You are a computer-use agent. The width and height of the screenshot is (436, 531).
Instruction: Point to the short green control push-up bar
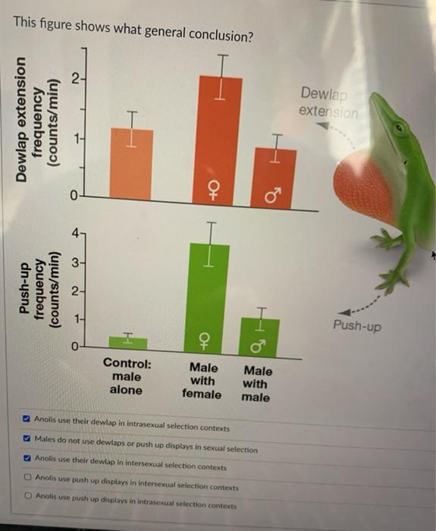127,342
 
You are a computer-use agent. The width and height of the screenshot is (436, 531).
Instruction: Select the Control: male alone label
126,377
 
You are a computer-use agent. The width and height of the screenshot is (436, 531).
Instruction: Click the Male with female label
202,381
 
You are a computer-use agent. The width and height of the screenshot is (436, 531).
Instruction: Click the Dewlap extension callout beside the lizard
327,102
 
